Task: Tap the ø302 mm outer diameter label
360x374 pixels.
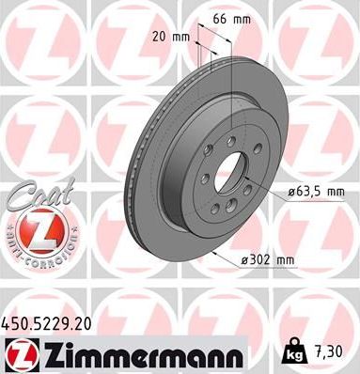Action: [266, 258]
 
